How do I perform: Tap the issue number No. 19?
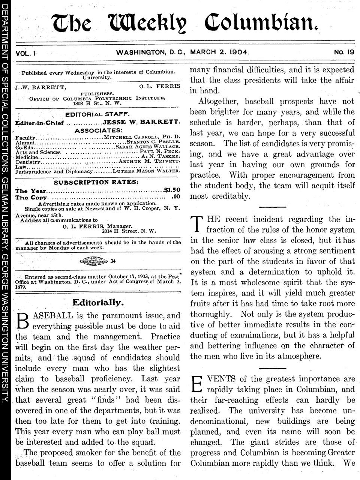344,52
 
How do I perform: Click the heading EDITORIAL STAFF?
97,114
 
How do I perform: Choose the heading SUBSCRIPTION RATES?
97,182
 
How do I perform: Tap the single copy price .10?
175,197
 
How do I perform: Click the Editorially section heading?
97,302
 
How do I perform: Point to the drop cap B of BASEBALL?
23,321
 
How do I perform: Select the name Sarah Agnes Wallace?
150,147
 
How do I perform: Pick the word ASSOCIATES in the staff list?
98,130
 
